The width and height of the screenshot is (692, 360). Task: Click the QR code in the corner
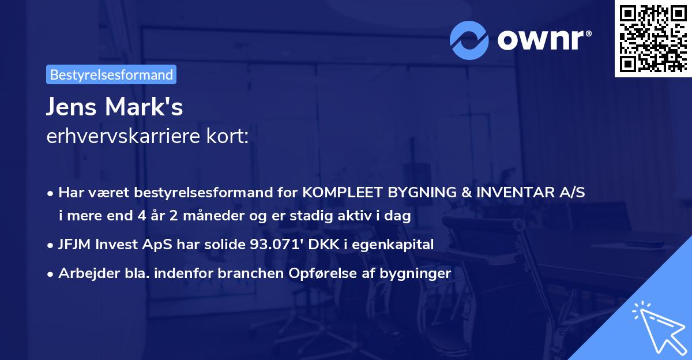click(653, 38)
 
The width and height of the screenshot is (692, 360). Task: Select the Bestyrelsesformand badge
click(111, 74)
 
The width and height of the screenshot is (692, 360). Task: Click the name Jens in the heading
click(70, 107)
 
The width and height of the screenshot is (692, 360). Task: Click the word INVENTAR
click(506, 193)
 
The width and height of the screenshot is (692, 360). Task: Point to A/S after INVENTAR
click(571, 193)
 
